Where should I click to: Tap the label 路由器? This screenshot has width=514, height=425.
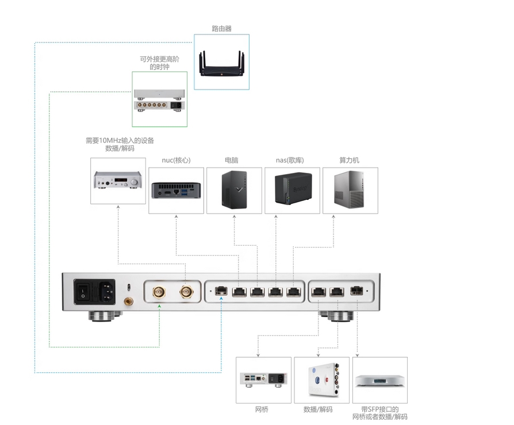tap(221, 28)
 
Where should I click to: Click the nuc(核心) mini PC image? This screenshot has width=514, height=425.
tap(177, 190)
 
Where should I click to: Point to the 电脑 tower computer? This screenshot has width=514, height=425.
tap(235, 190)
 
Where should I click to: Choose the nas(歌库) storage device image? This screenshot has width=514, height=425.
tap(293, 189)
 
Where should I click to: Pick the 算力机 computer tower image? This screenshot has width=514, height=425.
tap(350, 190)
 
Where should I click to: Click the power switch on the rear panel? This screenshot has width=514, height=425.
tap(83, 292)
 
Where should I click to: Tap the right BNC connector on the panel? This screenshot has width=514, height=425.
tap(186, 293)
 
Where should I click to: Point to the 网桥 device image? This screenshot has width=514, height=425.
tap(263, 380)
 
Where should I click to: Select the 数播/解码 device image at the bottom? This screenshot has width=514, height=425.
tap(321, 380)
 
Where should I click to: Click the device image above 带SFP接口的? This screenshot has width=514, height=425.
tap(379, 380)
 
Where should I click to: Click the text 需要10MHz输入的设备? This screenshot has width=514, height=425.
tap(120, 140)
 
